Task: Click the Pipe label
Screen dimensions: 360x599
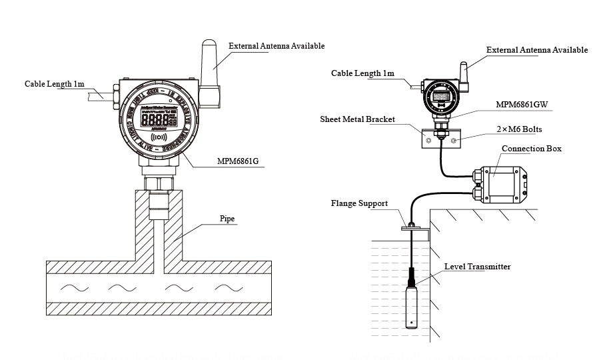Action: point(227,219)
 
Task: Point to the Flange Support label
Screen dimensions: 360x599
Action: point(359,203)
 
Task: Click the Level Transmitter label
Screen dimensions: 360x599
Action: point(477,267)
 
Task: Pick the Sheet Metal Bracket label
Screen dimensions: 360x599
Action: point(357,119)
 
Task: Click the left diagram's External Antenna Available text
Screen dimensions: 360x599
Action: point(277,46)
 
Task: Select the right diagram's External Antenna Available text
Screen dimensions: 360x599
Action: point(537,50)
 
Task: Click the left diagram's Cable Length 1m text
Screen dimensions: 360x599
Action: point(55,84)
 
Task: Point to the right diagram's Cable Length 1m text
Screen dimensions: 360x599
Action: point(362,73)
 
